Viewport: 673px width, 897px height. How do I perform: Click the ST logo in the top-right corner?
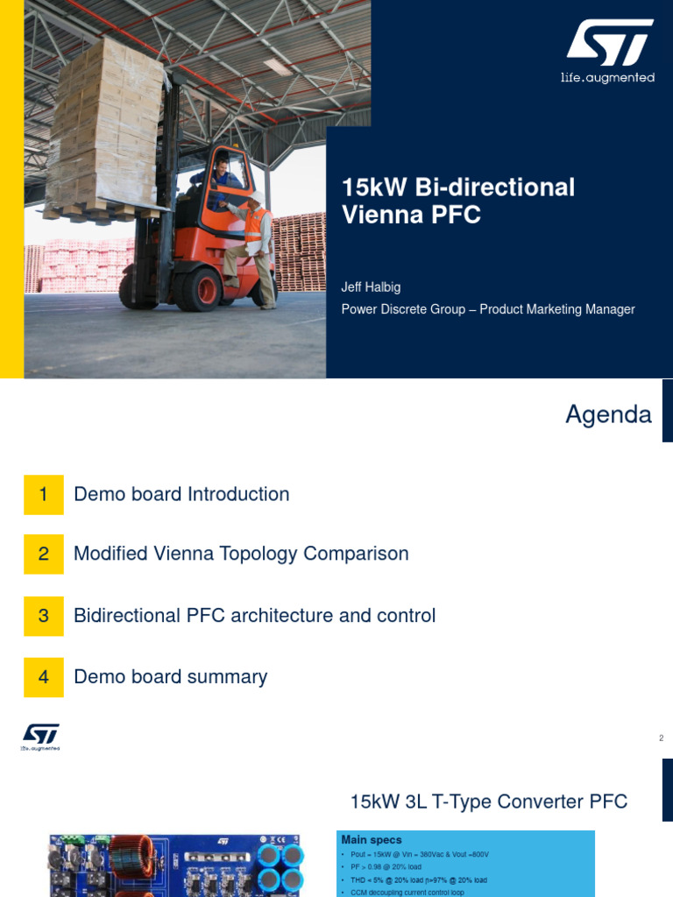[609, 43]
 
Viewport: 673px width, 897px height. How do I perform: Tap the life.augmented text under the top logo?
[607, 78]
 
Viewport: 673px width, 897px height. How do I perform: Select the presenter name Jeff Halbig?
[371, 287]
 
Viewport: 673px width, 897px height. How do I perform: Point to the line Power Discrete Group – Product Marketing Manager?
[487, 309]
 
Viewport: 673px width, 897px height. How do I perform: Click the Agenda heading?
[608, 414]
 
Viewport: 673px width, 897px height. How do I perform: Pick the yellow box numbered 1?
[44, 494]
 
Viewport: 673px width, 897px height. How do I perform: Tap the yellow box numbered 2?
[44, 554]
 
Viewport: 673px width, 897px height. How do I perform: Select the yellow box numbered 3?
[44, 616]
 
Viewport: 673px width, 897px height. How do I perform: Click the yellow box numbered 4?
[44, 676]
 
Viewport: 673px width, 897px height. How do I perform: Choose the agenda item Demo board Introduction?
[181, 494]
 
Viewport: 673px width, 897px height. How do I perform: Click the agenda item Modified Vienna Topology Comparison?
[241, 554]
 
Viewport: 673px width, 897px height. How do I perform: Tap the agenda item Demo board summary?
[170, 676]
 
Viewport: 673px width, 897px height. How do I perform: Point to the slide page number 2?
[662, 738]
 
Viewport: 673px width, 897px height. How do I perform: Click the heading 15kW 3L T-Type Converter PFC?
[488, 801]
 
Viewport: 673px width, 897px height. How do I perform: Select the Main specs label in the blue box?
[372, 840]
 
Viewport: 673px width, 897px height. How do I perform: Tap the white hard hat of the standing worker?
[257, 198]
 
